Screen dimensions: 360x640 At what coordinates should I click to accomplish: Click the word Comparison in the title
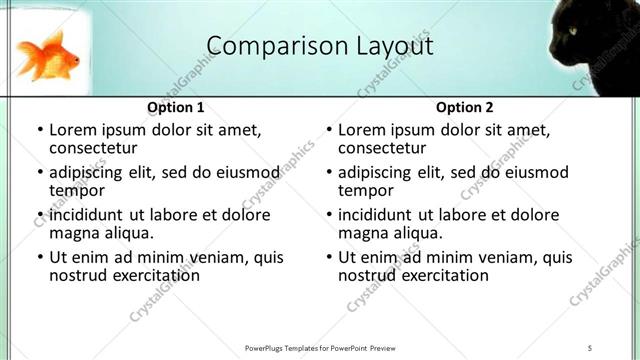[x=267, y=46]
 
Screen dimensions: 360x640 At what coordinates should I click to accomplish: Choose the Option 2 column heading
[x=464, y=107]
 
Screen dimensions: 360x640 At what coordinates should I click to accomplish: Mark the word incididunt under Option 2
[x=383, y=215]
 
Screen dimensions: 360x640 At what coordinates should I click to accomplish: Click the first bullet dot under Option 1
[x=39, y=130]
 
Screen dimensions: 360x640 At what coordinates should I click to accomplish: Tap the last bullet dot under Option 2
[x=328, y=258]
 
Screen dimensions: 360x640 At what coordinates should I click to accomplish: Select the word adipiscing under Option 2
[x=381, y=172]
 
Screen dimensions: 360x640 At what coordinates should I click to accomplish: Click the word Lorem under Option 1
[x=73, y=129]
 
